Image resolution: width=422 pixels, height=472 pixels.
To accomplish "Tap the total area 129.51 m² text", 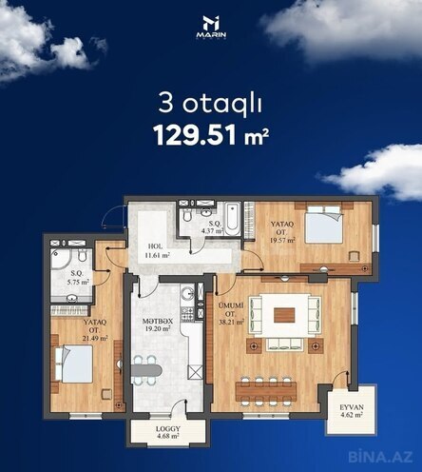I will (211, 135).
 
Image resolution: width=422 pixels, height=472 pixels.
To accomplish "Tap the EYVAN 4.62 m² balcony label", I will (351, 410).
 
